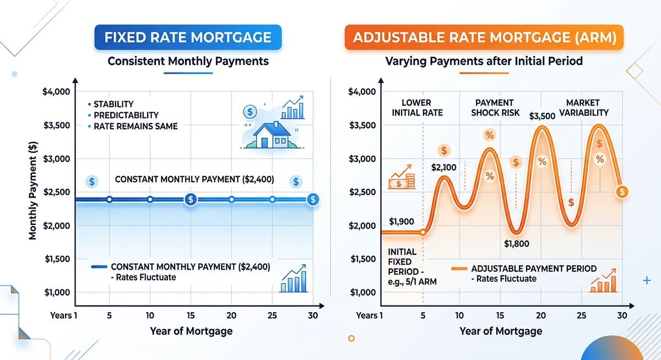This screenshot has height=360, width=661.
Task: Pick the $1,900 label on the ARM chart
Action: (402, 222)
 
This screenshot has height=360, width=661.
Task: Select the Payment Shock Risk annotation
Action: (494, 108)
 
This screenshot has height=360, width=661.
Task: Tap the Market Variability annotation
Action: (583, 108)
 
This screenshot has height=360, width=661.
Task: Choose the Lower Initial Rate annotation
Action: (416, 108)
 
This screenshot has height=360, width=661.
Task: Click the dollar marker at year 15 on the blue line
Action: (191, 199)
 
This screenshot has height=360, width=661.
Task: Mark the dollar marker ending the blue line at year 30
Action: (313, 199)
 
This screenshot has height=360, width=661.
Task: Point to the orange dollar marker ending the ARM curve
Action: (622, 192)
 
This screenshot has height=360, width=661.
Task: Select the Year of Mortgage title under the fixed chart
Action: (191, 331)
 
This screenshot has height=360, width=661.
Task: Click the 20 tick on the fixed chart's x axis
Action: (231, 315)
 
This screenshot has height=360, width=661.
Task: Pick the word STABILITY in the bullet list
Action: (113, 104)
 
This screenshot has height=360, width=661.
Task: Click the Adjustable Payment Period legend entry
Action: (533, 269)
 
